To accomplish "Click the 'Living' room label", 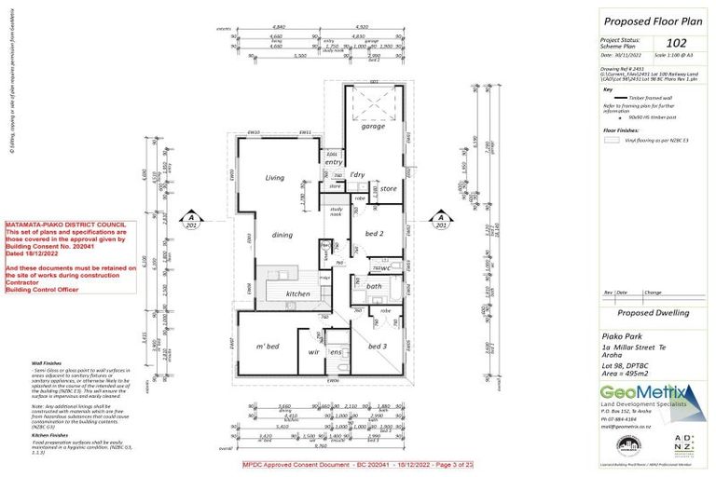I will coord(274,177).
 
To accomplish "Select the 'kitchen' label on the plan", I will coord(297,293).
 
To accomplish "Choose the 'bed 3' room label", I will coord(377,346).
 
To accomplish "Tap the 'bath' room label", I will coord(374,287).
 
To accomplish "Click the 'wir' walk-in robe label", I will coord(315,353).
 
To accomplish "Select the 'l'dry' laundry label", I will coord(356,174).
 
